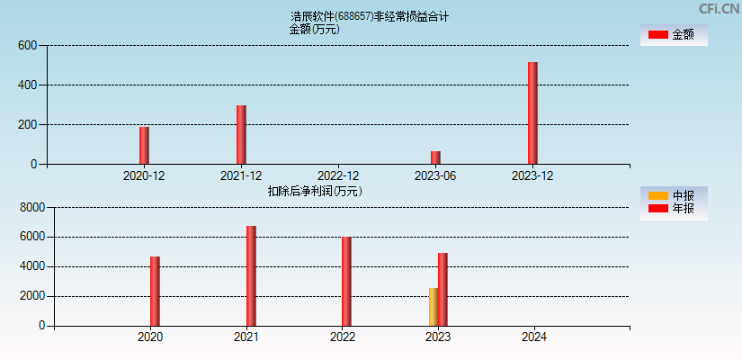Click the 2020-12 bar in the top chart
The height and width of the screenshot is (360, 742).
tap(144, 146)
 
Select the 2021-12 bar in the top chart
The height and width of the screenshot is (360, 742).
tap(241, 135)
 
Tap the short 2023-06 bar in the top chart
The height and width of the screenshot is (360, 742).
tap(435, 157)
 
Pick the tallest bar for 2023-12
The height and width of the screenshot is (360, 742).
tap(532, 113)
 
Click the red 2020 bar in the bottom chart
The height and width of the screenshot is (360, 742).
tap(155, 292)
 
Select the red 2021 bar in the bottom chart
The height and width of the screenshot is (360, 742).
tap(251, 276)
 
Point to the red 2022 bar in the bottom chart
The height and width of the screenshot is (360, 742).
tap(346, 282)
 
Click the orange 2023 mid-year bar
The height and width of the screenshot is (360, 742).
tap(434, 307)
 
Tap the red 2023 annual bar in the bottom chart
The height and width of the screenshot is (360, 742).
tap(443, 290)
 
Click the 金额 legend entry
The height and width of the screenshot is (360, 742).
tap(673, 35)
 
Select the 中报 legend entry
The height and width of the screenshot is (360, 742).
tap(673, 196)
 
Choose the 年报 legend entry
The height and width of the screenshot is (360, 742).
tap(673, 209)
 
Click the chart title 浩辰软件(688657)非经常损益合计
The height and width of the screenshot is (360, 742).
tap(370, 16)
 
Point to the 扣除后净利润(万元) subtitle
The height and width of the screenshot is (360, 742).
tap(315, 191)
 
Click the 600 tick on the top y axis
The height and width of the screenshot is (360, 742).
tap(27, 46)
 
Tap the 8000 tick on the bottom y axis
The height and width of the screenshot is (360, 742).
tap(31, 208)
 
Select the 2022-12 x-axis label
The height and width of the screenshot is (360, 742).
tap(338, 175)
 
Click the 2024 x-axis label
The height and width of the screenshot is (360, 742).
tap(534, 337)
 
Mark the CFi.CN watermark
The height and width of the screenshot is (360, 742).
tap(720, 9)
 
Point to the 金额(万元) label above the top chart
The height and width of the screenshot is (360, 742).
tap(314, 29)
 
